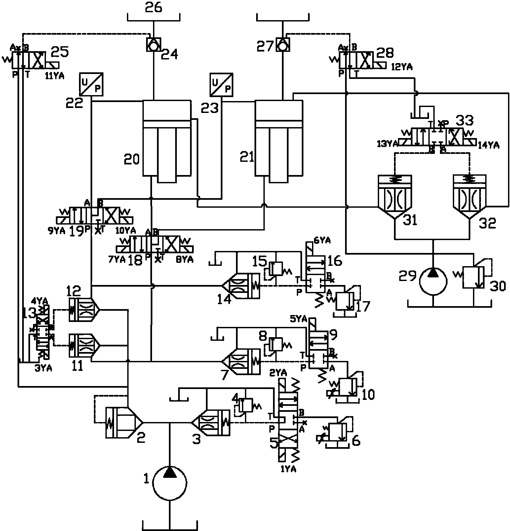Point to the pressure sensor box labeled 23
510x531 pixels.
tap(221, 85)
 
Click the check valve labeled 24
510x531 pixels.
tap(153, 45)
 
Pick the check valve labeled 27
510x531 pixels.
tap(283, 45)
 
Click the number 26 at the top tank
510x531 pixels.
tap(154, 7)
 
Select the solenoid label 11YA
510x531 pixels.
tap(55, 76)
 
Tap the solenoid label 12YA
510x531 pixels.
tap(402, 67)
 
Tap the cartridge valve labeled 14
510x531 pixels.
tap(241, 286)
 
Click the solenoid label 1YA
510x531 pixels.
tap(288, 469)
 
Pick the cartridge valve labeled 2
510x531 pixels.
tap(124, 423)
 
